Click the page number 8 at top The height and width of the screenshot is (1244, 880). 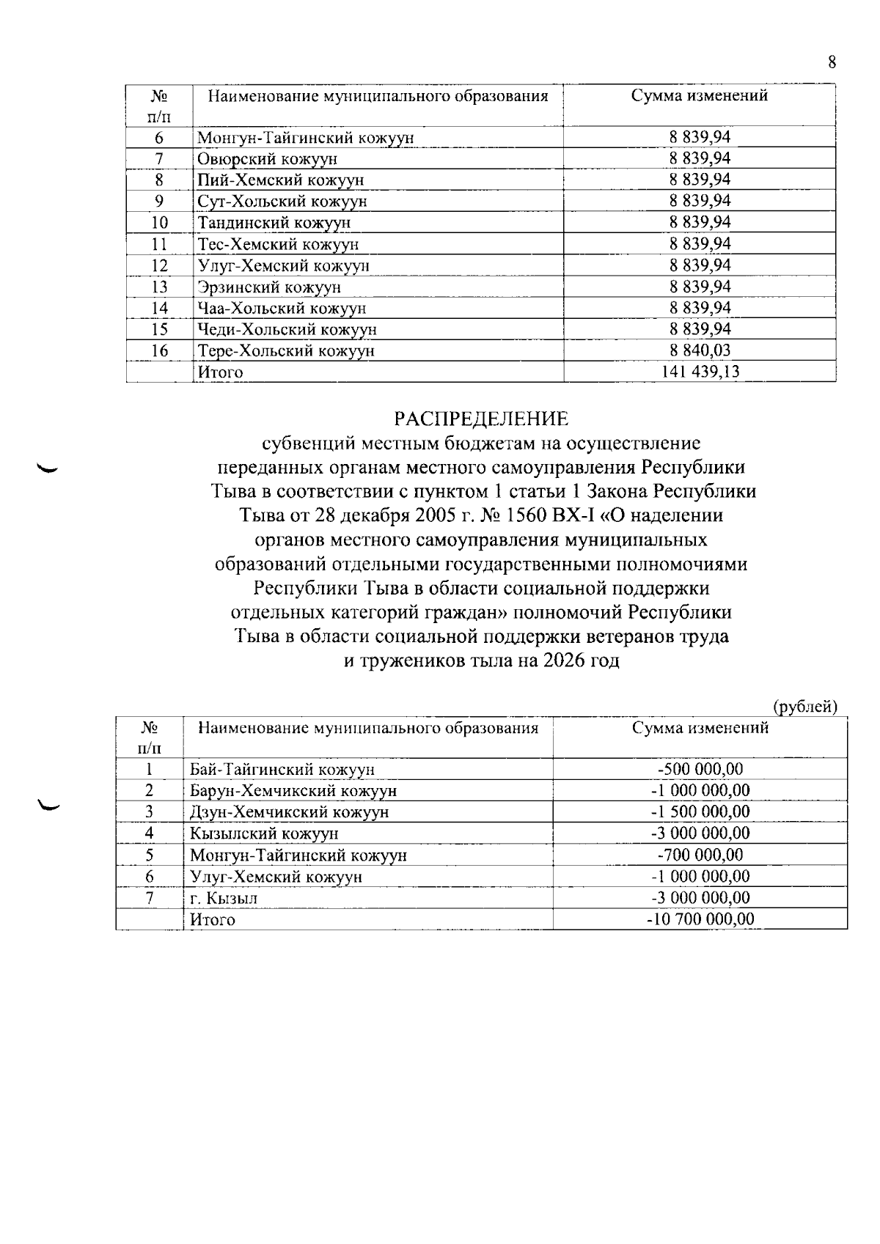coord(832,62)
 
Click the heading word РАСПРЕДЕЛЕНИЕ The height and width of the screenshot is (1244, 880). coord(481,419)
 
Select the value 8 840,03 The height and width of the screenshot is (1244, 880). coord(700,350)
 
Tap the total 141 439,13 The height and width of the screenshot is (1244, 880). coord(700,372)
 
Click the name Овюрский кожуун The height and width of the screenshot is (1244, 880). coord(268,159)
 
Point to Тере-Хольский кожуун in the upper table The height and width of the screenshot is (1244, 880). coord(286,350)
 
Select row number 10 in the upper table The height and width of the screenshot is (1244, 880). coord(159,223)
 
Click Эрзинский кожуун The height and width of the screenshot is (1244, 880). coord(269,287)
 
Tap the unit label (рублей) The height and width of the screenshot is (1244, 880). coord(805,707)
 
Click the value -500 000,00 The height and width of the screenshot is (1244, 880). coord(700,769)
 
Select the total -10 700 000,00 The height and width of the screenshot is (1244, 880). coord(700,919)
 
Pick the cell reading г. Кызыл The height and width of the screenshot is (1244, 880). coord(224,898)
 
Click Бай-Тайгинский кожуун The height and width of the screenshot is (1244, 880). coord(282,770)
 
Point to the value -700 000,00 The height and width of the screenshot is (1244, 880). coord(700,855)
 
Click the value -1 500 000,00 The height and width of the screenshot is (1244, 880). coord(700,811)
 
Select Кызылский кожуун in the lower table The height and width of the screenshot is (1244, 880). coord(264,833)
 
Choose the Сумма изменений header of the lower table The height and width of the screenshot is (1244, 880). coord(700,728)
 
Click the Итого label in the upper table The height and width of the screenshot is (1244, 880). coord(220,372)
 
